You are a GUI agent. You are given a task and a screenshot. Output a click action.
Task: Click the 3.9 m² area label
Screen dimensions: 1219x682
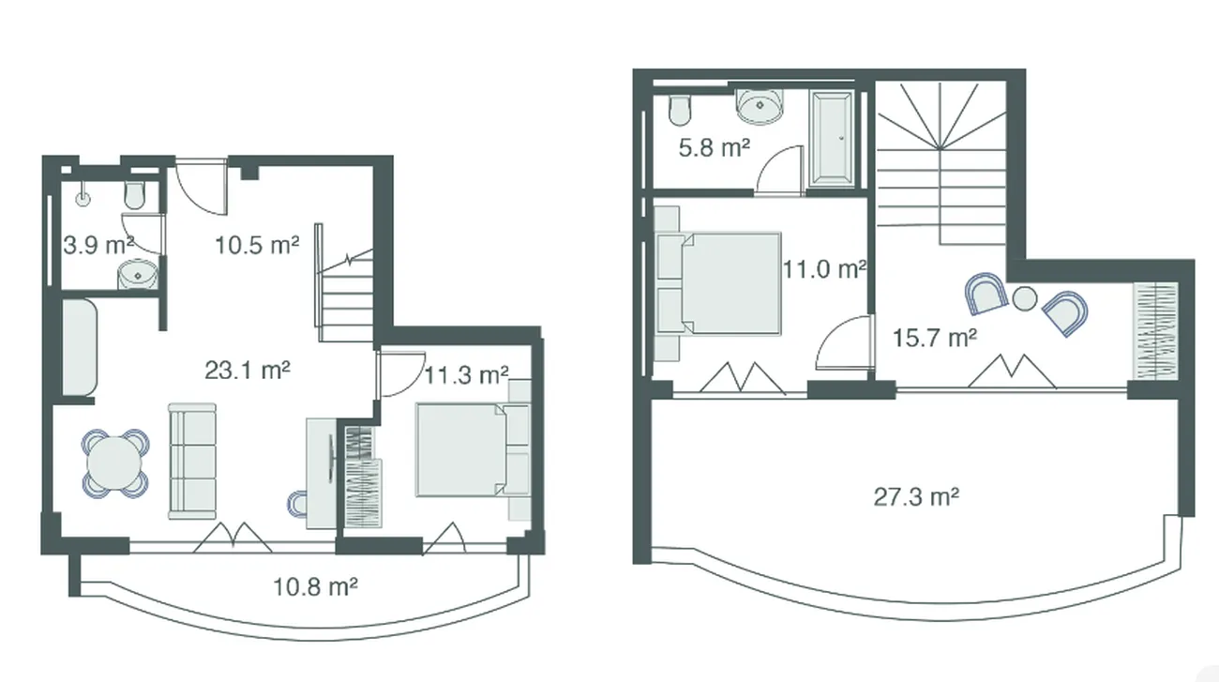pyautogui.click(x=98, y=245)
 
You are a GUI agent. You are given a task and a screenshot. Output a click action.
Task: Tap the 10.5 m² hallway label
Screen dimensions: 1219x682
pyautogui.click(x=258, y=245)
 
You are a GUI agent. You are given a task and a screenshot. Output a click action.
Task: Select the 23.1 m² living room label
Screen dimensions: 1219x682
pyautogui.click(x=248, y=371)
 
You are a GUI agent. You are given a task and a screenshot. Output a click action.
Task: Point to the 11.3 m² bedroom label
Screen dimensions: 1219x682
pyautogui.click(x=466, y=375)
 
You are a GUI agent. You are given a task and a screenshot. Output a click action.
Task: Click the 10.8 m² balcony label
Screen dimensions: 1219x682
pyautogui.click(x=315, y=586)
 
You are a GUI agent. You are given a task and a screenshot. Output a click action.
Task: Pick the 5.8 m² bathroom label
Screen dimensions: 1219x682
pyautogui.click(x=715, y=147)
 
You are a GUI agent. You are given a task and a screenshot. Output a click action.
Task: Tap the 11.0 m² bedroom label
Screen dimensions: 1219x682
pyautogui.click(x=824, y=269)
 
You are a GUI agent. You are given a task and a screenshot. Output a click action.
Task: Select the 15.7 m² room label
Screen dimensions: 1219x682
pyautogui.click(x=935, y=338)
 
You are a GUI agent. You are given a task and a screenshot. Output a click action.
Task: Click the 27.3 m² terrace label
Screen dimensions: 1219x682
pyautogui.click(x=916, y=497)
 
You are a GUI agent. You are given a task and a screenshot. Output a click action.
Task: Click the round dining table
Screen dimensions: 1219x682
pyautogui.click(x=114, y=463)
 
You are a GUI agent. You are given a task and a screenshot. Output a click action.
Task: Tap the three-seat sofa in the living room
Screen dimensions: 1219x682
pyautogui.click(x=192, y=461)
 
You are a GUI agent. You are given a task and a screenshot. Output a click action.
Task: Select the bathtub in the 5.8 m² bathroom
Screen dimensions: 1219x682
pyautogui.click(x=831, y=138)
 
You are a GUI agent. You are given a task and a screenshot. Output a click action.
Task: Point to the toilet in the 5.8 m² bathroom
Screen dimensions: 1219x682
pyautogui.click(x=680, y=111)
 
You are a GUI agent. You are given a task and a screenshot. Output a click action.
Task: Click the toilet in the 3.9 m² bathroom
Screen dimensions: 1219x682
pyautogui.click(x=135, y=195)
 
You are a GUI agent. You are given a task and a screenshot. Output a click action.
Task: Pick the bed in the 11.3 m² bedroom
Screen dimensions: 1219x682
pyautogui.click(x=473, y=449)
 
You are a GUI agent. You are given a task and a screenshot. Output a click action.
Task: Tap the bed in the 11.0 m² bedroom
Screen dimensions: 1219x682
pyautogui.click(x=719, y=283)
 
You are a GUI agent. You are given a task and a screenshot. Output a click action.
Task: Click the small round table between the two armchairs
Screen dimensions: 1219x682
pyautogui.click(x=1025, y=298)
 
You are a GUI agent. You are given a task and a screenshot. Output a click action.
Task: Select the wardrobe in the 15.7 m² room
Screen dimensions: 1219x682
pyautogui.click(x=1155, y=331)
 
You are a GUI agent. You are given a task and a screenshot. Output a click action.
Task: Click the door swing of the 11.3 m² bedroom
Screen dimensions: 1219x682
pyautogui.click(x=401, y=374)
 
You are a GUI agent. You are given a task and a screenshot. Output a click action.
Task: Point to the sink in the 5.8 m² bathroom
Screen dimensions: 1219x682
pyautogui.click(x=760, y=106)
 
